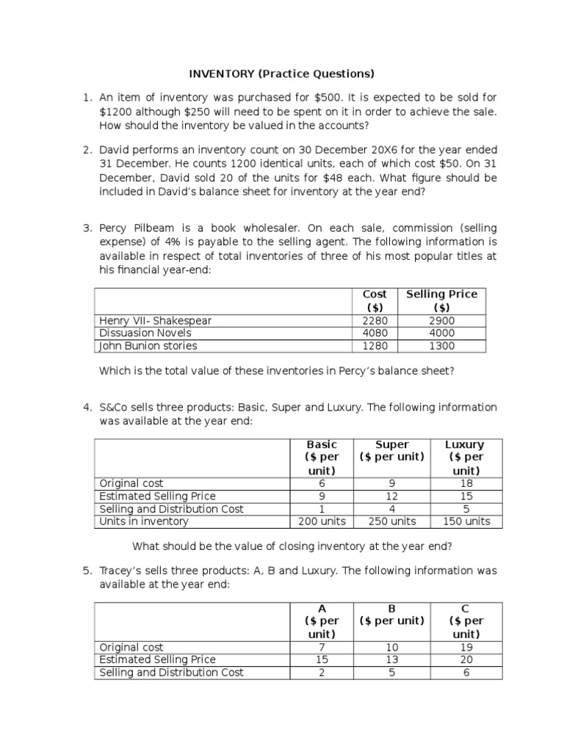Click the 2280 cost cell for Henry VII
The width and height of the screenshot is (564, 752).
click(375, 321)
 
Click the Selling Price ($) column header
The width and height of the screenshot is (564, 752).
click(441, 300)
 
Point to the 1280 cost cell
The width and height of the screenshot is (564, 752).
click(375, 346)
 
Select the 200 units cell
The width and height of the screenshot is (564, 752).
click(322, 521)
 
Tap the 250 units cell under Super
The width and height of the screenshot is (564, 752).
click(392, 521)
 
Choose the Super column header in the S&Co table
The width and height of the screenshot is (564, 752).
click(392, 444)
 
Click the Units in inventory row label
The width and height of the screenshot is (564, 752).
click(144, 521)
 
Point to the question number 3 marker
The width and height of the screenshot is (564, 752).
click(87, 228)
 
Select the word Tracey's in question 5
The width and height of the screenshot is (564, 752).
click(122, 571)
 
